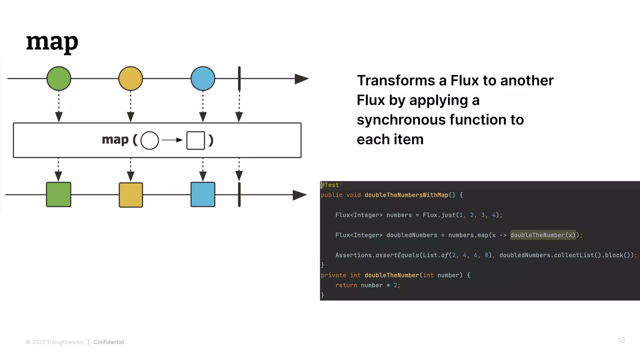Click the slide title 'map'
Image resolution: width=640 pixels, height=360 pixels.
(52, 42)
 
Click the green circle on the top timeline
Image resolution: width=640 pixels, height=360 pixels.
(59, 78)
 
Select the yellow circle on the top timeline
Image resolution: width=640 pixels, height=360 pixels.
(131, 78)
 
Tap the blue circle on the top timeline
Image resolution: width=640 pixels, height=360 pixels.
(203, 78)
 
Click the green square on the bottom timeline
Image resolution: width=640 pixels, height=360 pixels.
(58, 194)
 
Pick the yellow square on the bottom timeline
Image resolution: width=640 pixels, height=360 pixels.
(131, 195)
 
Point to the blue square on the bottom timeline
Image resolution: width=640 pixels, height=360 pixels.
(203, 194)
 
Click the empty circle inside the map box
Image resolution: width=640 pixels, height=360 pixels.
(150, 140)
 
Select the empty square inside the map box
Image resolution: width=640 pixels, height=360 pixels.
(196, 140)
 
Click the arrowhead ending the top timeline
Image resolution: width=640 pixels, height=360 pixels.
(301, 79)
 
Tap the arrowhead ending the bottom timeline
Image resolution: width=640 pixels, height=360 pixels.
(299, 195)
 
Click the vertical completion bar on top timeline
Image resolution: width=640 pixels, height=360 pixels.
(239, 78)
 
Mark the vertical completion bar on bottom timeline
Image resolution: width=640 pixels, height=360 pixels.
(239, 194)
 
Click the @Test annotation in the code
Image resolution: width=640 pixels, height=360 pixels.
(330, 185)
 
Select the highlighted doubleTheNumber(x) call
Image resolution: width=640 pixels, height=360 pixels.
(543, 235)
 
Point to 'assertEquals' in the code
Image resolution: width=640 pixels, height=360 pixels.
(397, 255)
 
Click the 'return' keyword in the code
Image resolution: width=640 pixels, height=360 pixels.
(346, 285)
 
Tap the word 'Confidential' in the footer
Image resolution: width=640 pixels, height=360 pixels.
(109, 342)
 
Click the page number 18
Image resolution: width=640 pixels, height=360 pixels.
(621, 340)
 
